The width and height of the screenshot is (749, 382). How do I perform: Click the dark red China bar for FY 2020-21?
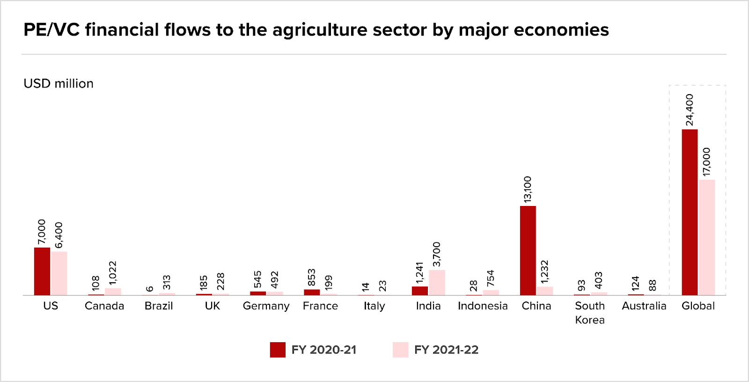click(x=528, y=250)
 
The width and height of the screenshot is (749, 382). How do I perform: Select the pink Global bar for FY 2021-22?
click(x=706, y=237)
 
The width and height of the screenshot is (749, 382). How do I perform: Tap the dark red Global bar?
click(x=690, y=212)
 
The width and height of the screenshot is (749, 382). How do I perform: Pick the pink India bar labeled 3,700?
click(x=437, y=282)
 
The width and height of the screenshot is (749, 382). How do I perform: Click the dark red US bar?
click(x=42, y=271)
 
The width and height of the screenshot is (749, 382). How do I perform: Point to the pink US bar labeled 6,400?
click(x=59, y=273)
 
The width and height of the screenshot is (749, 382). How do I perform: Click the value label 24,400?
click(x=690, y=110)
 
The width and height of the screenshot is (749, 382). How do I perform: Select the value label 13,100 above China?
click(x=528, y=189)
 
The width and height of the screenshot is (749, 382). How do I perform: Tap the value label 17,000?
click(x=706, y=162)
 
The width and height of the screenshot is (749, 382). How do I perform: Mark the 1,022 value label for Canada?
click(x=113, y=273)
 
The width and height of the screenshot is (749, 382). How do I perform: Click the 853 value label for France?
click(x=312, y=278)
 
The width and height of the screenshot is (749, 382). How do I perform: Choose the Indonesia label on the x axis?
click(x=483, y=306)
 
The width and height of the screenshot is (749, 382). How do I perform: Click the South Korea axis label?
click(x=590, y=313)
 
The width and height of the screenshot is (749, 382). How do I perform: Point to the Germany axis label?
click(x=266, y=306)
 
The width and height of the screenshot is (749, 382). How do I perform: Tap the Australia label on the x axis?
click(x=644, y=306)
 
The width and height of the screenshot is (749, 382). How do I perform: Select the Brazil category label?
click(x=159, y=306)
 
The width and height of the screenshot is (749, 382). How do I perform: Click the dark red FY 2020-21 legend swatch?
click(x=278, y=350)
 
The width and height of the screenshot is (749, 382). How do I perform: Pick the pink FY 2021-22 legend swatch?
click(x=401, y=350)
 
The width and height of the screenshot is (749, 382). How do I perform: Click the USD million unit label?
click(x=59, y=83)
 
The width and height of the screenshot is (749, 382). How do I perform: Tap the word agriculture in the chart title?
click(x=320, y=30)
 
